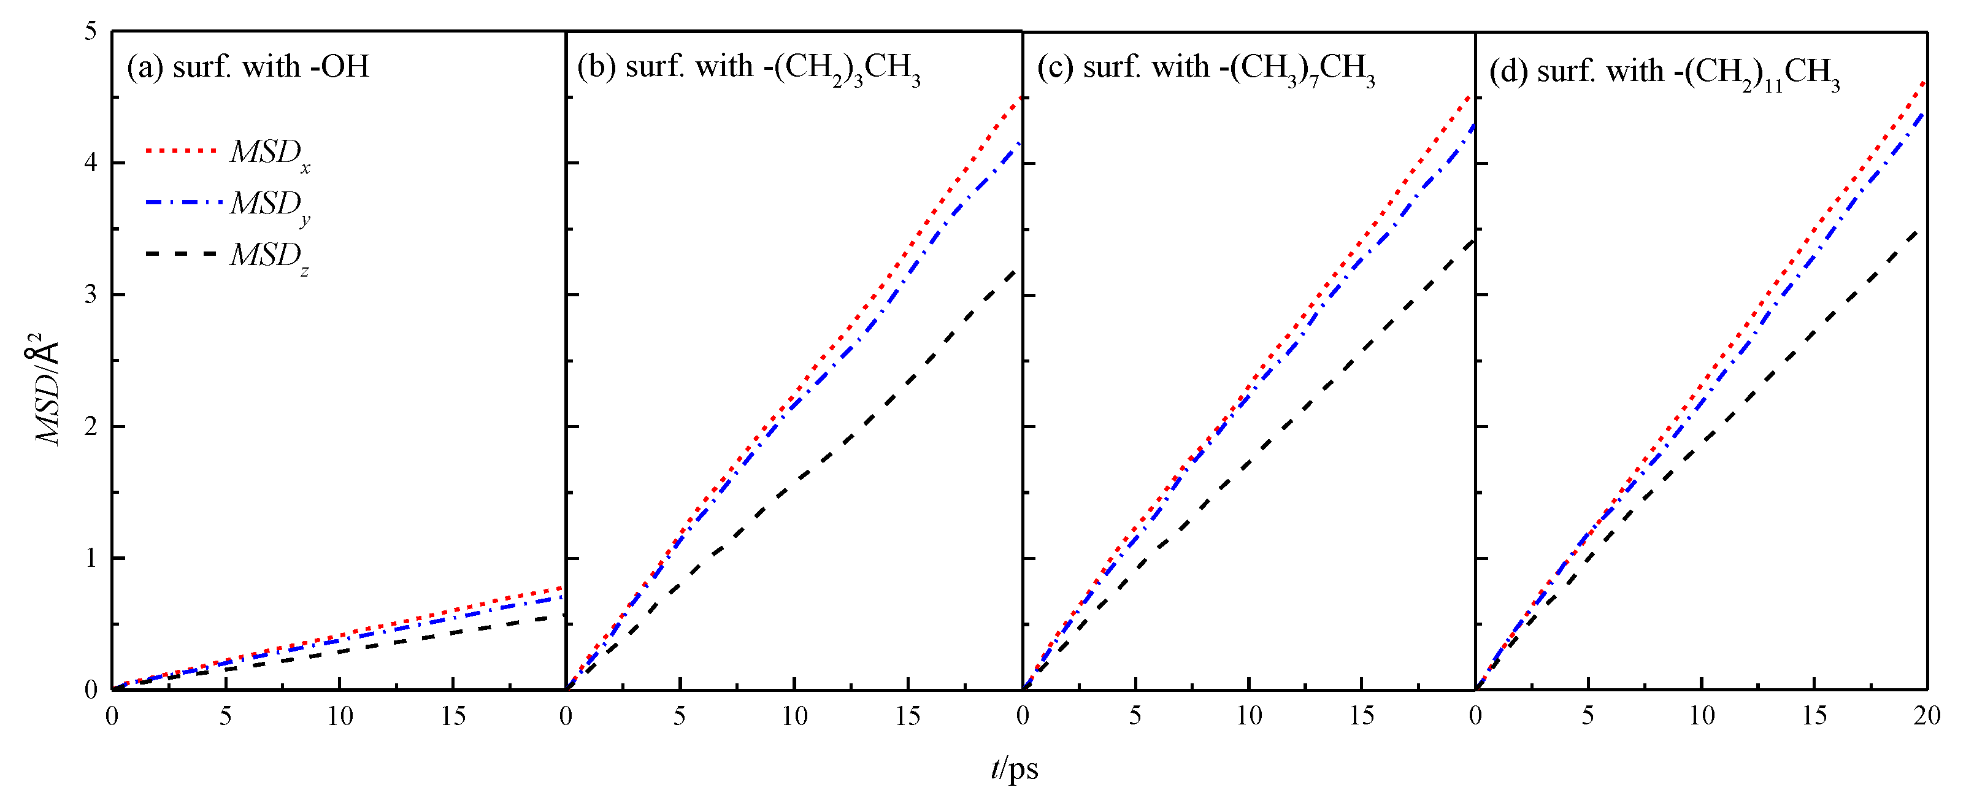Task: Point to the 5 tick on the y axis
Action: (x=91, y=32)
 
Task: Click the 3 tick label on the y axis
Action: (x=91, y=294)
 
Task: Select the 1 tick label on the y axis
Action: (x=91, y=558)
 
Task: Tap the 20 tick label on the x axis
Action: (x=1926, y=716)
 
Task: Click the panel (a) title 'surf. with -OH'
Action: (x=248, y=67)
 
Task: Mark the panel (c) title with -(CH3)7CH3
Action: (x=1206, y=69)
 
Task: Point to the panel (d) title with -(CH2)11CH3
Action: (x=1664, y=73)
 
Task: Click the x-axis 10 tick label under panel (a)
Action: (x=340, y=716)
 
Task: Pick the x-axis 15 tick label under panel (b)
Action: (x=907, y=716)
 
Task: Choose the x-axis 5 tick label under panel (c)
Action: (x=1135, y=716)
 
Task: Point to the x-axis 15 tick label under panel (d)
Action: (x=1814, y=716)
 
